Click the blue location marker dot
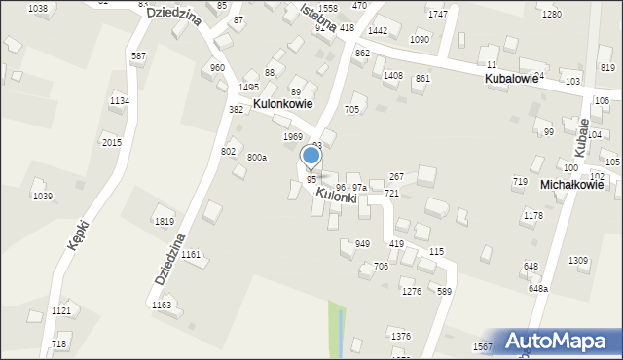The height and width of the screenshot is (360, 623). [311, 155]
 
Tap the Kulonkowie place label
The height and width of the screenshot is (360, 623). [282, 103]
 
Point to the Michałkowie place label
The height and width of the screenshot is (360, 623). [572, 184]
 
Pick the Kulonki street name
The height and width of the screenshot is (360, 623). [336, 196]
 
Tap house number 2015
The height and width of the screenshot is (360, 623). [112, 143]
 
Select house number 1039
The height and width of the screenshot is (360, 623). [43, 197]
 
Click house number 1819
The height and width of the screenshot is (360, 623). [165, 222]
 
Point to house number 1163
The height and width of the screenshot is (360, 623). [162, 305]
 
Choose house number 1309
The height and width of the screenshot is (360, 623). [578, 260]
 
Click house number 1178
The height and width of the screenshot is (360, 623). [532, 216]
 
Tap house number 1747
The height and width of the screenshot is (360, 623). [438, 15]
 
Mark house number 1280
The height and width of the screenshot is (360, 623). [552, 15]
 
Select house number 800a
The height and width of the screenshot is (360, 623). [257, 157]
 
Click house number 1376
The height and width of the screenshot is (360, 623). [401, 336]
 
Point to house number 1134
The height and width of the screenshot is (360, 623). [120, 101]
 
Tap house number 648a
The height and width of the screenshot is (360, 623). [538, 289]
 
